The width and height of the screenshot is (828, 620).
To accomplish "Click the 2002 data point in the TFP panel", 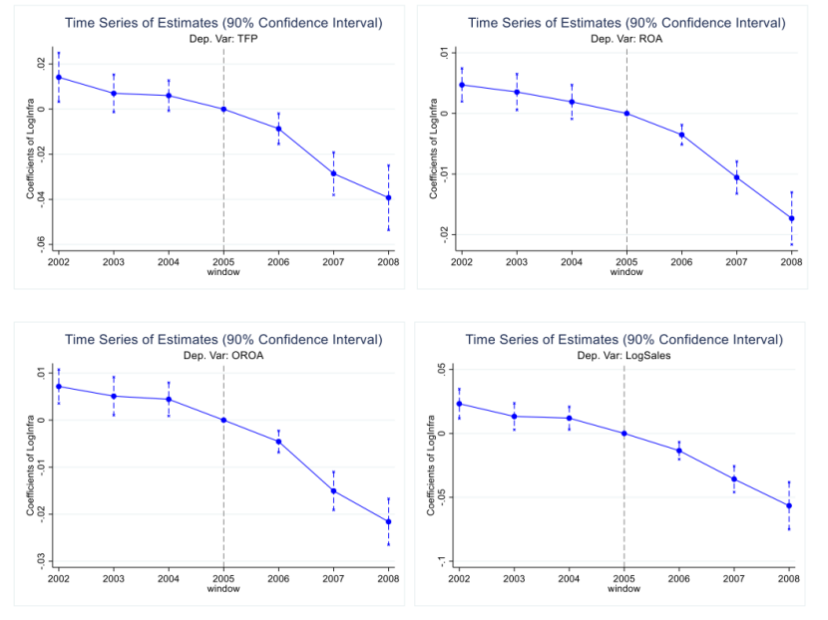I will point(59,77).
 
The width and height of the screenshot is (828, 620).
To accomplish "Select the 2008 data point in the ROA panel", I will point(791,218).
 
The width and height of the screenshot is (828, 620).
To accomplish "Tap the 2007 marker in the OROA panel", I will point(333,490).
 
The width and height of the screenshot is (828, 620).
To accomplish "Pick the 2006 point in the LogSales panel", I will point(679,451).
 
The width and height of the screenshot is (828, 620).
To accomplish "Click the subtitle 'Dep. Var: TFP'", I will point(222,38).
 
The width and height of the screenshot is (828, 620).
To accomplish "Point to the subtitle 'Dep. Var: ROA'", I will point(625,38).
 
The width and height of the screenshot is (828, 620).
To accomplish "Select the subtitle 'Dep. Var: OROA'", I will point(222,353).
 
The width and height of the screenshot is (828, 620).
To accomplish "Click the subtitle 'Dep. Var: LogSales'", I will point(623,353).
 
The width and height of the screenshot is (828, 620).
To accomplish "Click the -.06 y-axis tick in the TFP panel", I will point(41,243).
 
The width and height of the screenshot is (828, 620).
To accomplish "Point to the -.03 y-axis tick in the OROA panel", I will point(41,561).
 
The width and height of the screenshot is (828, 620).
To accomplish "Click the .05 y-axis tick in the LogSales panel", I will point(441,370).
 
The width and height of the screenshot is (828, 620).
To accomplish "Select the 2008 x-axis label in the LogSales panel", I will point(788,578).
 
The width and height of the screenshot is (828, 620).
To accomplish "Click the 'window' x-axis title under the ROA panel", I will point(625,271).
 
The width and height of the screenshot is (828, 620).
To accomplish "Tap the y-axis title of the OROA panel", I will point(30,465).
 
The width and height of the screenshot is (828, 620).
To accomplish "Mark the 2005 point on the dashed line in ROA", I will point(626,113).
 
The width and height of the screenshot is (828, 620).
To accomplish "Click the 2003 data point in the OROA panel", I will point(114,396).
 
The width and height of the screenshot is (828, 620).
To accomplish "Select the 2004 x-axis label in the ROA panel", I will point(572,261).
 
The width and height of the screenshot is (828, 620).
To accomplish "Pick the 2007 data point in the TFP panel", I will point(333,173).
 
